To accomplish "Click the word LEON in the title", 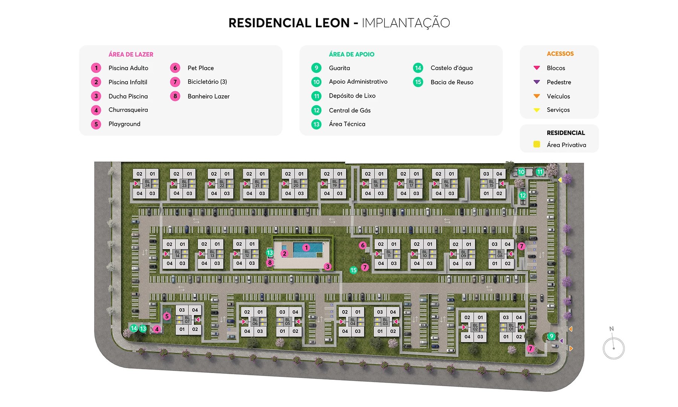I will pos(332,23).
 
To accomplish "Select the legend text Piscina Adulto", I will pos(128,68).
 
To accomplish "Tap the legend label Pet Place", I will pos(200,68).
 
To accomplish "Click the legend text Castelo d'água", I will pos(451,68).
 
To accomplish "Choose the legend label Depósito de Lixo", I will pos(352,96).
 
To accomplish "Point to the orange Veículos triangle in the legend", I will pos(537,96).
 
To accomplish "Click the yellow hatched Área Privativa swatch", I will pos(537,144).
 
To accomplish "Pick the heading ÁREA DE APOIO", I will pos(351,54).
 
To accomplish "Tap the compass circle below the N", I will pos(614,349).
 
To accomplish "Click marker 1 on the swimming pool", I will pos(306,248).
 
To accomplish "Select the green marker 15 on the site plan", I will pos(353,270).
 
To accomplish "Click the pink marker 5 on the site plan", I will pos(167,317).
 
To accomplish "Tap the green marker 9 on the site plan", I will pos(551,336).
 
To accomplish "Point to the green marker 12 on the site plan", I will pos(522,196).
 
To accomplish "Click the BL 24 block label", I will pos(147,184).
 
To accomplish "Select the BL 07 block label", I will pos(187,320).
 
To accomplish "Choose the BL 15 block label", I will pos(491,184).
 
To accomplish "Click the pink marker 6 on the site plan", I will pos(363,245).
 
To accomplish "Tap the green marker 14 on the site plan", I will pos(134,328).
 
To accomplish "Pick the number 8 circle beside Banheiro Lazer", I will pos(175,96).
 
